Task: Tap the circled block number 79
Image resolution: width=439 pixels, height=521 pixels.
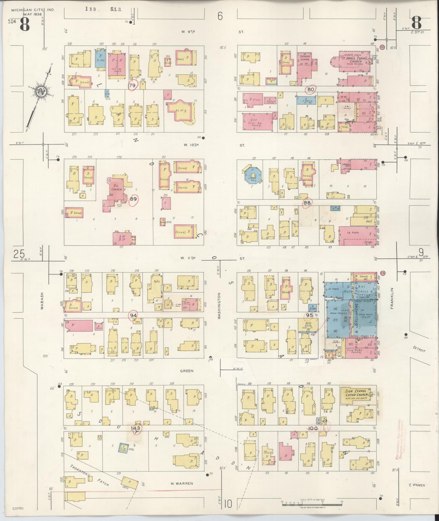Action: point(133,86)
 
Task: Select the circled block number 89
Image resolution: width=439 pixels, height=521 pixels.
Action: point(134,199)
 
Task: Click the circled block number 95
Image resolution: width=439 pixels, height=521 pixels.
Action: point(309,315)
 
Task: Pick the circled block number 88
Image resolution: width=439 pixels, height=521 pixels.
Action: point(307,203)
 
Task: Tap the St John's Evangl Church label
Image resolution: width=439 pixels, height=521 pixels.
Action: point(355,60)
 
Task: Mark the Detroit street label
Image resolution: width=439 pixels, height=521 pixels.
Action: point(419,349)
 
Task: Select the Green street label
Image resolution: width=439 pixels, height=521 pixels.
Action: point(186,371)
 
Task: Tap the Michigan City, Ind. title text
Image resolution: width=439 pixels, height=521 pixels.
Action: point(33,10)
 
